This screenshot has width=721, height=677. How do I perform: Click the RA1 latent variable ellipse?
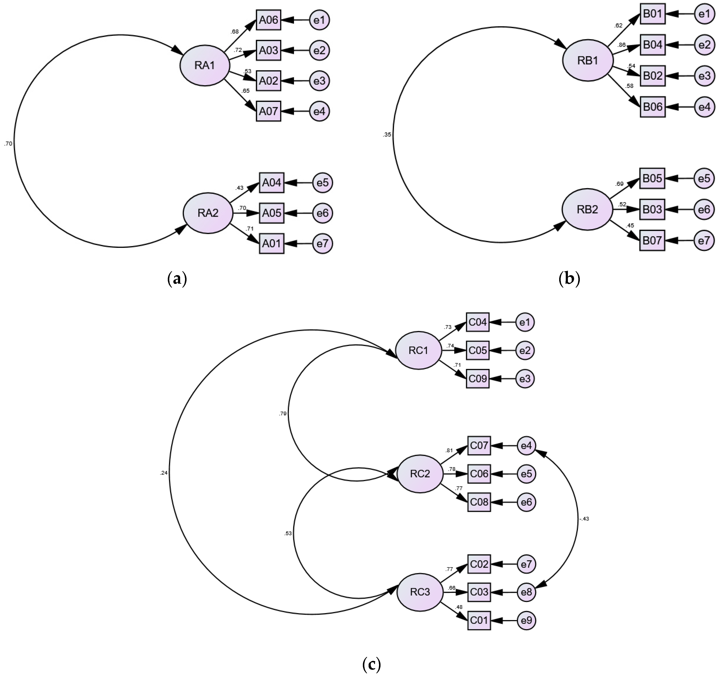coord(205,65)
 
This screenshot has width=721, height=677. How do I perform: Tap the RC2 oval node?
coord(420,474)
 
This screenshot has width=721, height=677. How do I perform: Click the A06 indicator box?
coord(268,20)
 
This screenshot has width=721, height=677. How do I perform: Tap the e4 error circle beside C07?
coord(526,445)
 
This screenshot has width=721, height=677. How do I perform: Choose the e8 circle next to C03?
coord(526,592)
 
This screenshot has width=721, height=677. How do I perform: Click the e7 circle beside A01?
coord(322,243)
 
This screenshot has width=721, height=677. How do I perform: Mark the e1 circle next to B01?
coord(704,14)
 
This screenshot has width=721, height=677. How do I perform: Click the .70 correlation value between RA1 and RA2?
coord(8,144)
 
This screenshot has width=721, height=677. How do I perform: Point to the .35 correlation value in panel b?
coord(387,135)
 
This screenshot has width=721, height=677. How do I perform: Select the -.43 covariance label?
coord(584,519)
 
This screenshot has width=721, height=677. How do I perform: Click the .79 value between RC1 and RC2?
coord(283,413)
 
